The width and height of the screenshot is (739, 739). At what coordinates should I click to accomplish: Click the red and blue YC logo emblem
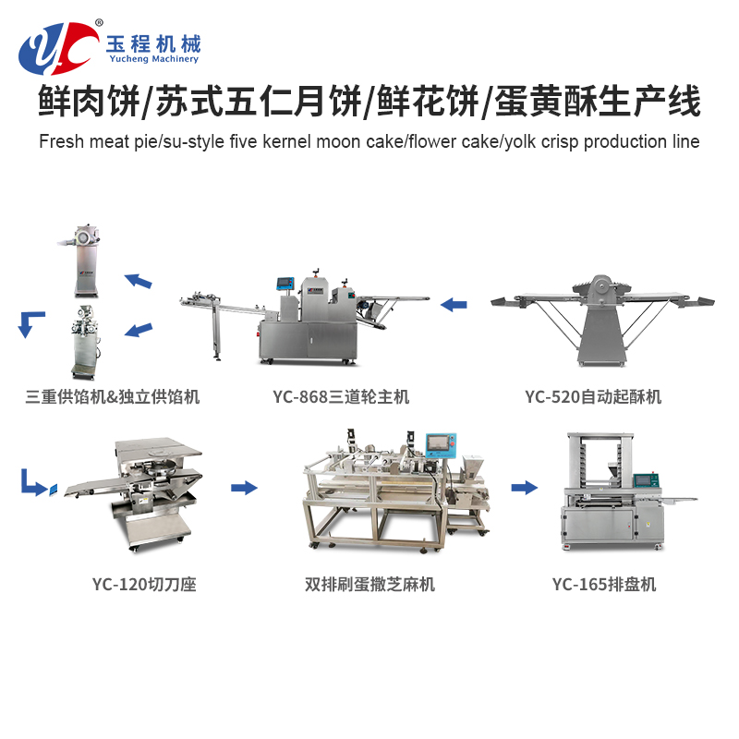[57, 49]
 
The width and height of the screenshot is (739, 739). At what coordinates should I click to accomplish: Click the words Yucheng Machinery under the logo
[153, 59]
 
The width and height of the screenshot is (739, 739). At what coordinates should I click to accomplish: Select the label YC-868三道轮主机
[341, 397]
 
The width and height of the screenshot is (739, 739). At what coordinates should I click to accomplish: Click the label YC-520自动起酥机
[593, 397]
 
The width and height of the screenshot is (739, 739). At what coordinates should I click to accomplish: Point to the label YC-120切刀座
[144, 585]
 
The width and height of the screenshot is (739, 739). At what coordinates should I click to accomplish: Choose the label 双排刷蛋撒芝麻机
[369, 585]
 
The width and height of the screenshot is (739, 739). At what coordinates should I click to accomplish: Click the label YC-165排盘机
[604, 585]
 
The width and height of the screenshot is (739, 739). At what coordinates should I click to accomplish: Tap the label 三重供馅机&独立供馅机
[112, 397]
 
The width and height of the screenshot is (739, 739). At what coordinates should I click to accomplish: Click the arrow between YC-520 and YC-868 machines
[454, 305]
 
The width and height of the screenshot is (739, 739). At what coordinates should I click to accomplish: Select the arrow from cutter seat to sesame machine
[244, 488]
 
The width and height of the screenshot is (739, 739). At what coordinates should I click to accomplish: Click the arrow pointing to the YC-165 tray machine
[524, 488]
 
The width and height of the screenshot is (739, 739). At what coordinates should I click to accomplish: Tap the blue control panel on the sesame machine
[441, 445]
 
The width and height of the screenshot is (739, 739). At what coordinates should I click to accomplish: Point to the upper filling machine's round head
[86, 236]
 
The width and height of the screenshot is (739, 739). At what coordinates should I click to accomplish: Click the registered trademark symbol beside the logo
[99, 22]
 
